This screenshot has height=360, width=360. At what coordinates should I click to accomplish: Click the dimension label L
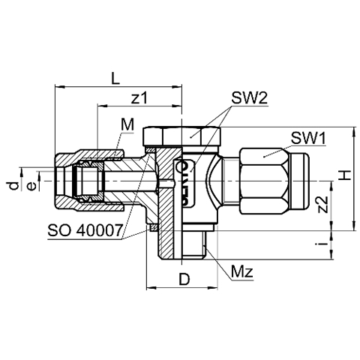tap(115, 79)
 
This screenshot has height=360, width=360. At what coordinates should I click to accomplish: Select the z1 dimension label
tap(139, 98)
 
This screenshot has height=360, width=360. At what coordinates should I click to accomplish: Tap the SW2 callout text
tap(249, 98)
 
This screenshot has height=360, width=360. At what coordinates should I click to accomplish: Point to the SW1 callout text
tap(308, 138)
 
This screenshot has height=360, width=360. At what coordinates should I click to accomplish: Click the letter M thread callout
tap(127, 124)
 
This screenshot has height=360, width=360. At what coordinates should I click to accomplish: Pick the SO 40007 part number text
tap(85, 230)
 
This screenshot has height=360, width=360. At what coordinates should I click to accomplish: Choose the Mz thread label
tap(242, 271)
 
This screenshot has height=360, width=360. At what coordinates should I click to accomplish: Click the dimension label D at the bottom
tap(184, 279)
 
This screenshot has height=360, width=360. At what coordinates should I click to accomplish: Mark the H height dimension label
tap(344, 175)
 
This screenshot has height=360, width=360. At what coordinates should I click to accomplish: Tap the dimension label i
tap(323, 243)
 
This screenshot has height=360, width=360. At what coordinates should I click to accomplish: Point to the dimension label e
tap(32, 186)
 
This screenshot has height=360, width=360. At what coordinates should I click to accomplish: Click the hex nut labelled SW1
tap(264, 181)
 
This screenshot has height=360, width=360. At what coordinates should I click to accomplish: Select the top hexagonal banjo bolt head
tap(182, 136)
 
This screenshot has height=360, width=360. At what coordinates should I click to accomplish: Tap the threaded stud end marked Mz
tap(193, 244)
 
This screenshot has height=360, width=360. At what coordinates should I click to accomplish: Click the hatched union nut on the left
tap(89, 181)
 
